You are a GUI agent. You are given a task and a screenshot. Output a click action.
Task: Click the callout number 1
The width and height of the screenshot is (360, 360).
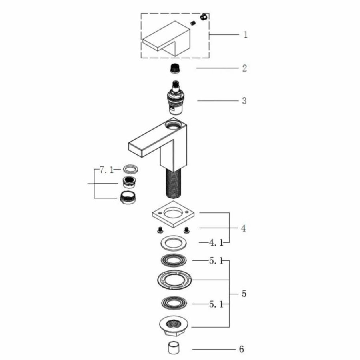point(245,35)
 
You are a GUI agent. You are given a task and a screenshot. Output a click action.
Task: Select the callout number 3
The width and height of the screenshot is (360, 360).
point(244,101)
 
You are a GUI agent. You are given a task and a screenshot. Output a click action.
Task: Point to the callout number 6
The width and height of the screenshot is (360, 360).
point(241,349)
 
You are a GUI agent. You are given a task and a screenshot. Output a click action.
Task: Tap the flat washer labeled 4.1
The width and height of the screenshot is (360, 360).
point(173,243)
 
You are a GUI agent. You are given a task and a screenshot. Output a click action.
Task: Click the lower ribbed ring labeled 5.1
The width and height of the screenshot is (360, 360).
point(174,303)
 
